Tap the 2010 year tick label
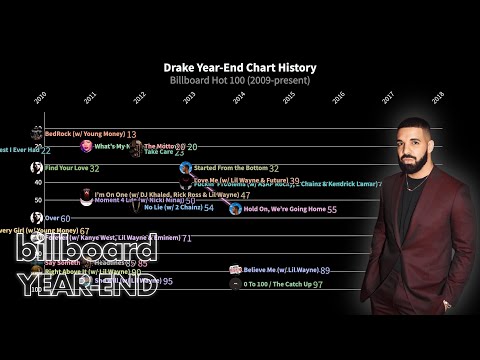tap(41, 97)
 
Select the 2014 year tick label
tap(240, 97)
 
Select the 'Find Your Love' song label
tap(66, 168)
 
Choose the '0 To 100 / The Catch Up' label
tap(276, 284)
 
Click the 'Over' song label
tap(52, 217)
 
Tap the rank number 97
tap(317, 285)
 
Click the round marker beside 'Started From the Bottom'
tap(186, 168)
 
